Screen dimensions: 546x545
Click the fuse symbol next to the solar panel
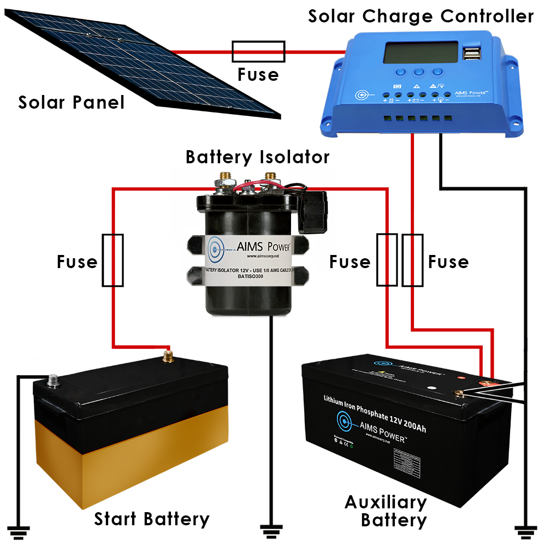click(258, 51)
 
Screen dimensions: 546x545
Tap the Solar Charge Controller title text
click(420, 16)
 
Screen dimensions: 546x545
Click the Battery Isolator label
click(257, 157)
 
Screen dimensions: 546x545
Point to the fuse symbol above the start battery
click(113, 260)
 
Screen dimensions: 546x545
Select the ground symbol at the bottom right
click(525, 529)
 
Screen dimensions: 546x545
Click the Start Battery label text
click(151, 518)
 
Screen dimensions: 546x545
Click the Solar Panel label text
click(71, 102)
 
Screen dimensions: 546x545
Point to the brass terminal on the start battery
click(168, 357)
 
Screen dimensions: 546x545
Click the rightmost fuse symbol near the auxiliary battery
click(412, 260)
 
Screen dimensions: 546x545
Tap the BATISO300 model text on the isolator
click(251, 276)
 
